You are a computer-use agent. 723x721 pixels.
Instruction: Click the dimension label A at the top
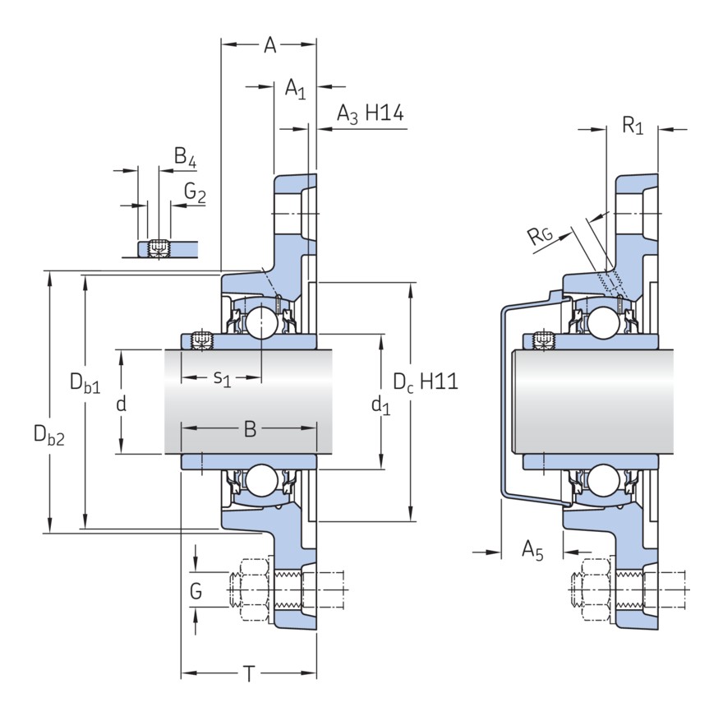coord(269,45)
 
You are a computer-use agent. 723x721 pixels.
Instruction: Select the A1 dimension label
coord(295,88)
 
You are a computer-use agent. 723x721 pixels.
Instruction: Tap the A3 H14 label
coord(370,114)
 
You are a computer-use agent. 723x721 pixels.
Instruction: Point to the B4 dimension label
coord(185,157)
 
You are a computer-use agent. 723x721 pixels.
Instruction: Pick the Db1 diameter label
coord(85,382)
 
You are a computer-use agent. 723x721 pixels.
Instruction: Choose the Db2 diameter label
coord(48,434)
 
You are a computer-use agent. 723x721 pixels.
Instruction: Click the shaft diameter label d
coord(121,404)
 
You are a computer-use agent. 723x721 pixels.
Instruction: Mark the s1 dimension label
coord(223,378)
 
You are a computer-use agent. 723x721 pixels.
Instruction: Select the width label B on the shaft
coord(251,428)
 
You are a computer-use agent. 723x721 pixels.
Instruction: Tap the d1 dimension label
coord(380,404)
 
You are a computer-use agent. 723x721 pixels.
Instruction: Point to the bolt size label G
coord(196,589)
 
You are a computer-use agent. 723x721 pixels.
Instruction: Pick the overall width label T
coord(249,675)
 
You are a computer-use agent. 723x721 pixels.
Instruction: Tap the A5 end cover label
coord(532,552)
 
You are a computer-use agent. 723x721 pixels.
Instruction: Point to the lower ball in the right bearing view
coord(603,480)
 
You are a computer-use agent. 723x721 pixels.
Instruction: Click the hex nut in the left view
coord(255,590)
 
